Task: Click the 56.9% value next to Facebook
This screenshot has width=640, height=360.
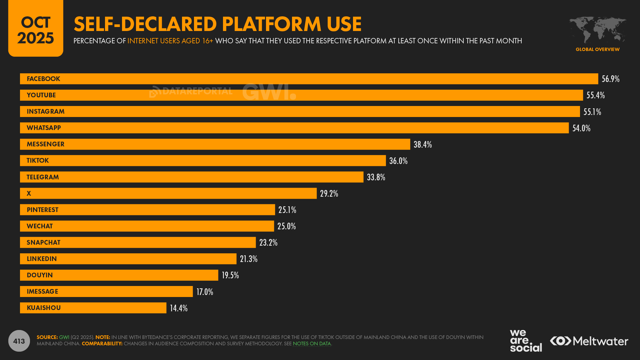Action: click(610, 79)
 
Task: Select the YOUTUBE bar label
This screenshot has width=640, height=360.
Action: click(41, 95)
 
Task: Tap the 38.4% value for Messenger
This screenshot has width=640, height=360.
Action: click(422, 144)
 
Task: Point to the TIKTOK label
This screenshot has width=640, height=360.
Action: click(38, 161)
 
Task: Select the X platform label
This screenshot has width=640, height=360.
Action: click(29, 193)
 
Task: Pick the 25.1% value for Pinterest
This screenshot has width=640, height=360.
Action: click(287, 210)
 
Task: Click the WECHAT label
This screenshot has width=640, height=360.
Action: click(40, 226)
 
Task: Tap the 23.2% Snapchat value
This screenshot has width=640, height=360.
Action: click(268, 242)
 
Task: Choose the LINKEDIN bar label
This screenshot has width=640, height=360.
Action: click(42, 259)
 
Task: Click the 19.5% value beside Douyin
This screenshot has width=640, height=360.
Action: click(230, 275)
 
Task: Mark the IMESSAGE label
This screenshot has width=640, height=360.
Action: click(42, 291)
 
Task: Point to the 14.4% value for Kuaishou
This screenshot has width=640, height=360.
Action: click(179, 308)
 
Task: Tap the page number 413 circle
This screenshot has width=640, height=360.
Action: click(19, 341)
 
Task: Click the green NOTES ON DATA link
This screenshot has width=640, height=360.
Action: click(312, 344)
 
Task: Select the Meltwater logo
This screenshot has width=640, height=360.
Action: click(589, 341)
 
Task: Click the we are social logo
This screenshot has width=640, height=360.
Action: click(526, 341)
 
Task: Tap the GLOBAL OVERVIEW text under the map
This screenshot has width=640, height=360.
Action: click(597, 49)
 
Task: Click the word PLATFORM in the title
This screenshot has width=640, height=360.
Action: click(271, 24)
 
